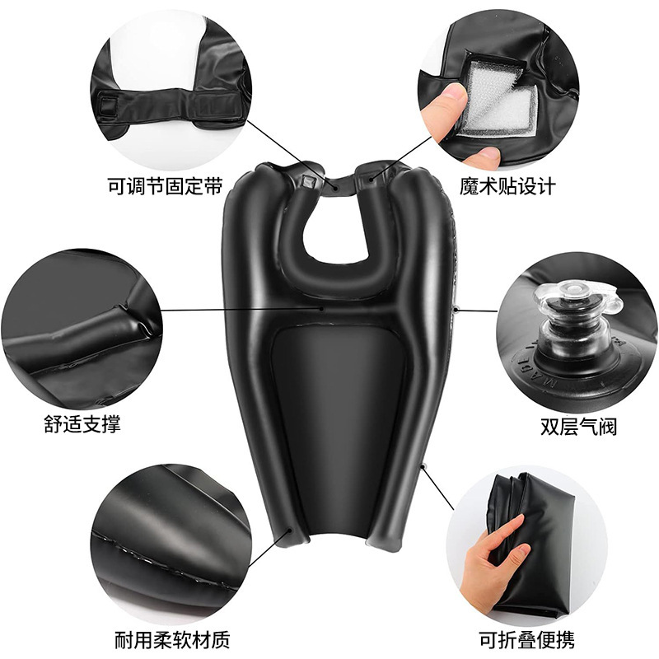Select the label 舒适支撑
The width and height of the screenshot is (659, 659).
pos(82,424)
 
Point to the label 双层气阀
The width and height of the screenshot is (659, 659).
pos(579,426)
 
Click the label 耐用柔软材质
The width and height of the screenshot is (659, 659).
pos(172,640)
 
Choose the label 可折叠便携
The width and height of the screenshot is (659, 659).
pos(527,640)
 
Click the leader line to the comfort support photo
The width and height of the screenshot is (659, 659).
pos(242,310)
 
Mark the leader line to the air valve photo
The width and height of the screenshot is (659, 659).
pos(477,311)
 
